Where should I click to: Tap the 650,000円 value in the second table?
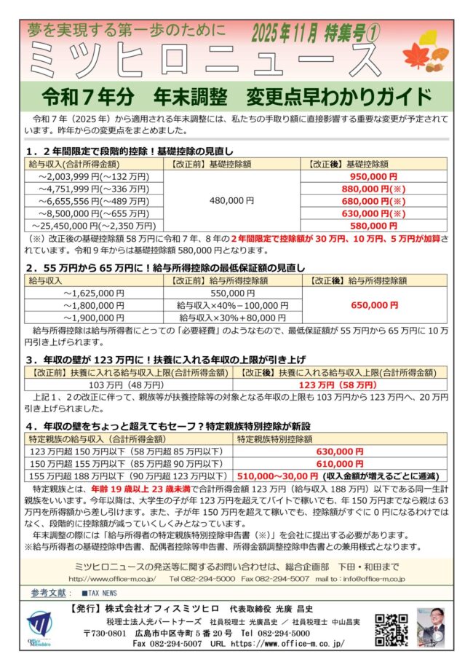tap(373, 305)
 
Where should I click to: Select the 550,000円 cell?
tap(228, 293)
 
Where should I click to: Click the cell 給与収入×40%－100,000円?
tap(228, 305)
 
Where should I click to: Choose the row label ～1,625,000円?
tap(95, 293)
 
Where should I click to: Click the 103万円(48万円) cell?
tap(127, 385)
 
